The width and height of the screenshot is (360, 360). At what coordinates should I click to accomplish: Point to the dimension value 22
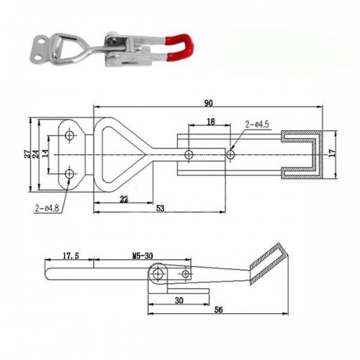(125, 200)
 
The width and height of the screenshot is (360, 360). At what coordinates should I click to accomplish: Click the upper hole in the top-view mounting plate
(69, 135)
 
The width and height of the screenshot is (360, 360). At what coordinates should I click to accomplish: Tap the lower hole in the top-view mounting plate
(69, 173)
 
